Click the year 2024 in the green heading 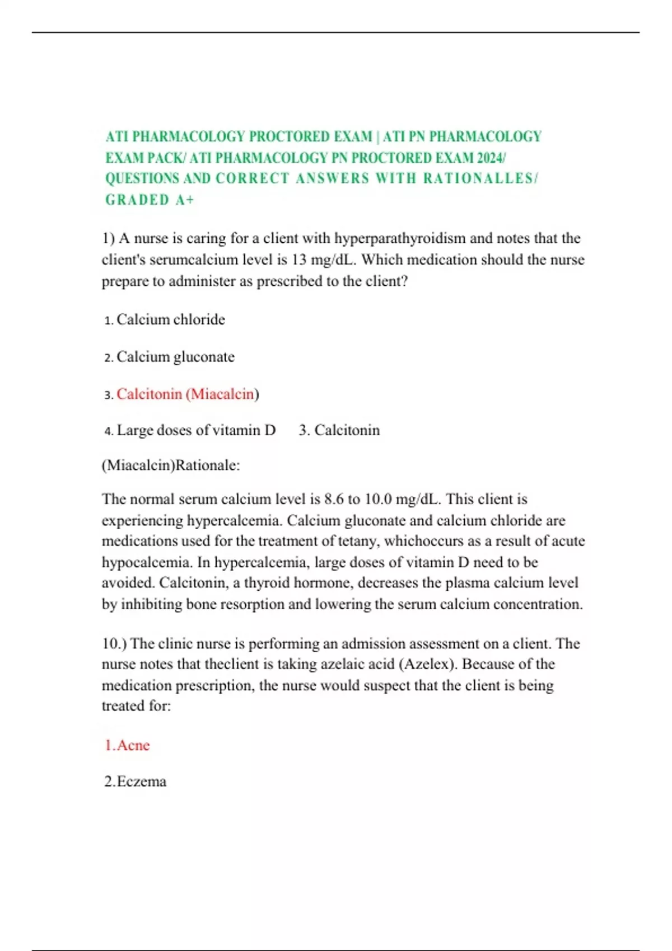click(490, 158)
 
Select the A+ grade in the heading click(184, 200)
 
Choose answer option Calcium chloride click(170, 320)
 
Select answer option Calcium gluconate click(175, 357)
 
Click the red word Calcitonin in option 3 click(149, 394)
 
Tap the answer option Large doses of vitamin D click(196, 430)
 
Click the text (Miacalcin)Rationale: click(171, 465)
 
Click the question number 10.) click(114, 644)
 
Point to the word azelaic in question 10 click(347, 665)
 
